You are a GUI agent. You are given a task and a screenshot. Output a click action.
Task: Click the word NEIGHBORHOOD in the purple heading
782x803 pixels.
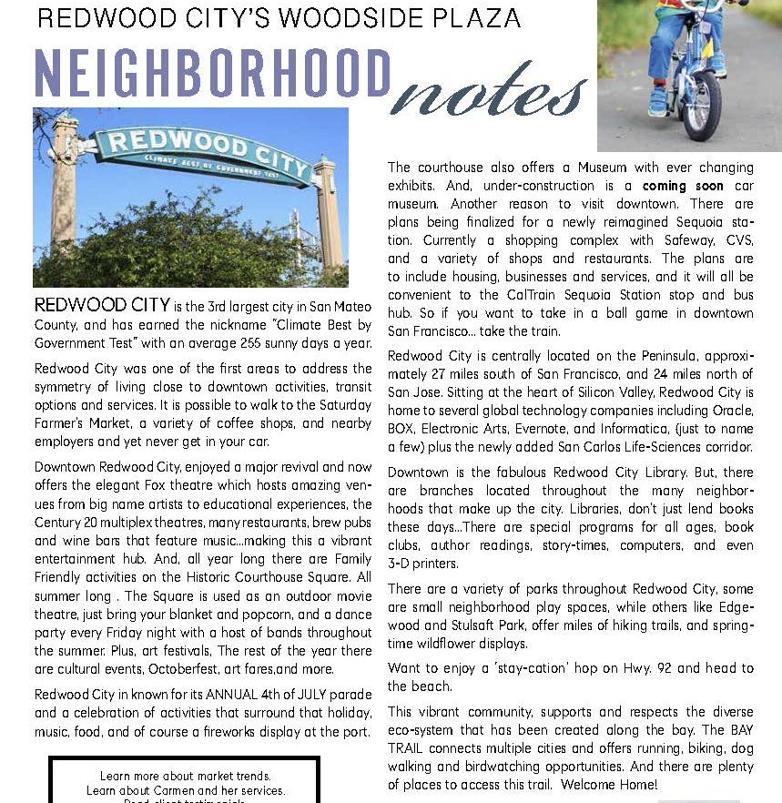tap(214, 74)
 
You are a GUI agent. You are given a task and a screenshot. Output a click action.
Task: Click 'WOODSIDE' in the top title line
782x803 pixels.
tap(356, 17)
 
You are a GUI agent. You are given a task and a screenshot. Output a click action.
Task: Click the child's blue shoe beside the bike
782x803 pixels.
tap(657, 99)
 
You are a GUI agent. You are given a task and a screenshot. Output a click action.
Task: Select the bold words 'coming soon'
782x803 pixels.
tap(683, 186)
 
